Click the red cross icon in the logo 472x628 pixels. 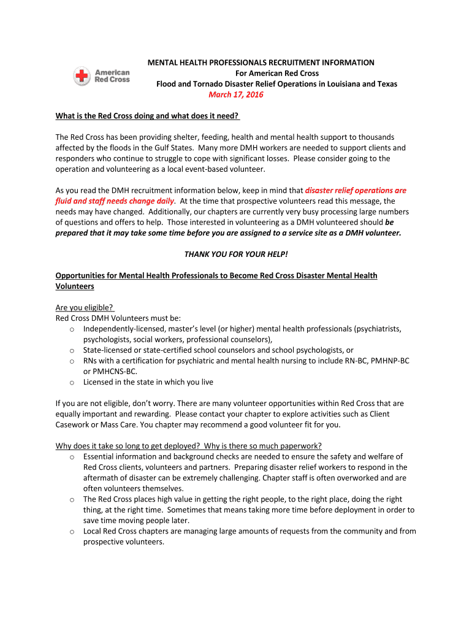click(82, 77)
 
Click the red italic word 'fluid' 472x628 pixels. click(66, 201)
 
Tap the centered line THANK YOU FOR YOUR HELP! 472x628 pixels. click(236, 254)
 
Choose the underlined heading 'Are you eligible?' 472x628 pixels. click(84, 307)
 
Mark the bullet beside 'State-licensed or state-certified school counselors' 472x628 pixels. click(72, 350)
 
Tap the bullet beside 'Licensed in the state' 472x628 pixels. click(72, 382)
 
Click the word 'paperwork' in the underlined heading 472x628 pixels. click(301, 446)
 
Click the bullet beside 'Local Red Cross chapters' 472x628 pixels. click(72, 531)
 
